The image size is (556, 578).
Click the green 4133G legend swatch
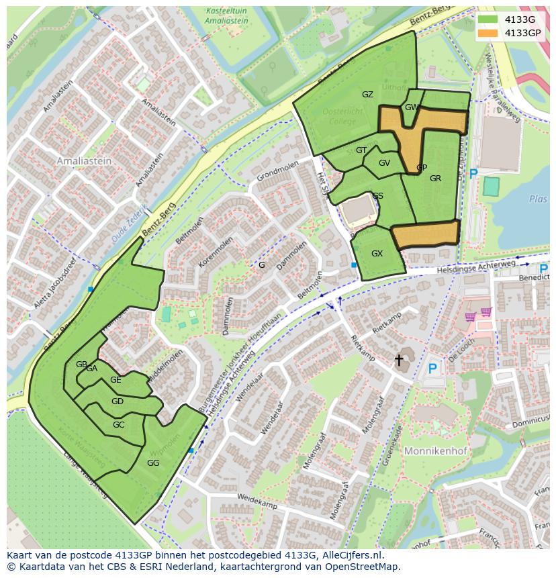point(488,19)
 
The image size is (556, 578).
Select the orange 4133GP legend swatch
point(488,33)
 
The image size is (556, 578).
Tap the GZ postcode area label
point(367,95)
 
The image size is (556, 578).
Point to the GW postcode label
point(412,107)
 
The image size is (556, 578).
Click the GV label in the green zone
point(384,163)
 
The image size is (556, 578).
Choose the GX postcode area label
point(377,254)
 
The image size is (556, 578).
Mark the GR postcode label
point(435,179)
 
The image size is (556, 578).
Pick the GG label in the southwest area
point(153,463)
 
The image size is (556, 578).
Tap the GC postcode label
point(118,425)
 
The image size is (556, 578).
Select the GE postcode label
point(115,380)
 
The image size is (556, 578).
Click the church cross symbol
point(399,360)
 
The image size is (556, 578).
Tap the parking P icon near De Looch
point(432,369)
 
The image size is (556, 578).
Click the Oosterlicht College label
point(342,116)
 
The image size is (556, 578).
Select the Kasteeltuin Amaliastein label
point(226,16)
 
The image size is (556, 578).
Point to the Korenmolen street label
point(215,251)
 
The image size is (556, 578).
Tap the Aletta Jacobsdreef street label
point(55,283)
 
